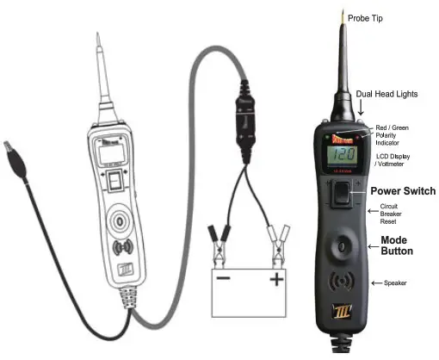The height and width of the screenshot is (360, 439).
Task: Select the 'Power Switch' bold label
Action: pyautogui.click(x=401, y=190)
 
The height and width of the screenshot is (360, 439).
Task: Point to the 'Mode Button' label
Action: pyautogui.click(x=397, y=245)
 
